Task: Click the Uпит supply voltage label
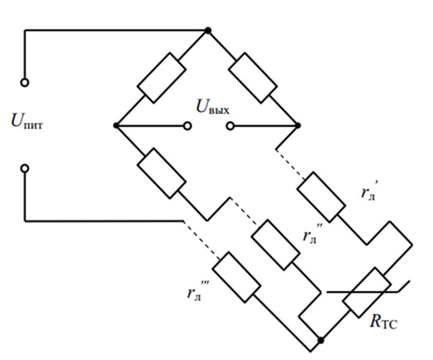click(27, 122)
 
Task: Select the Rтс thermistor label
click(384, 322)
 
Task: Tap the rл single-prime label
click(369, 191)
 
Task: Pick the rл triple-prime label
click(198, 290)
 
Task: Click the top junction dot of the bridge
click(208, 30)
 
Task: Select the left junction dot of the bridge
click(116, 126)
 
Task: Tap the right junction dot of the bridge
click(297, 125)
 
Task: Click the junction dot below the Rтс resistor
click(321, 340)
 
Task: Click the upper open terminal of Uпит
click(25, 83)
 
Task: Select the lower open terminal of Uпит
click(25, 168)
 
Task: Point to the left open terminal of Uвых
click(188, 126)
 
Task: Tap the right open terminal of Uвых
click(230, 126)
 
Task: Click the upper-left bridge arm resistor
click(161, 78)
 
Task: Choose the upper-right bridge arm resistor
click(253, 78)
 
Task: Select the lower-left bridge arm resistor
click(161, 173)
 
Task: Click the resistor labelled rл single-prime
click(321, 197)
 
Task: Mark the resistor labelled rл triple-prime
click(237, 277)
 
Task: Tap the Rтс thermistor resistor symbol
click(367, 293)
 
